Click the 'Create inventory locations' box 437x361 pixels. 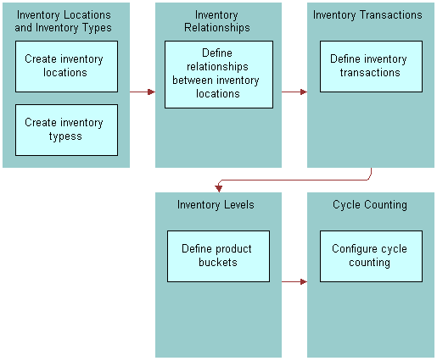click(66, 66)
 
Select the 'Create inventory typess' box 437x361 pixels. click(66, 130)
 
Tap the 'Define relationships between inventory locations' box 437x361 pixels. click(218, 75)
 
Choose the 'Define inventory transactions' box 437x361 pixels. click(370, 66)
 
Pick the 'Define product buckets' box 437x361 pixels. click(218, 256)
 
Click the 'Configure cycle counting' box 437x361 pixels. click(370, 256)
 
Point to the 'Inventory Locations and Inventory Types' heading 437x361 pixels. click(64, 21)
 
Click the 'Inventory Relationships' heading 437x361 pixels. click(217, 21)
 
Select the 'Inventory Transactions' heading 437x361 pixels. click(367, 15)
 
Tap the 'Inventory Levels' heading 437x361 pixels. click(216, 205)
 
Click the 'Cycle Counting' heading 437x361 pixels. click(369, 205)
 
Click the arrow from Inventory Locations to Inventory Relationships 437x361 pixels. click(142, 92)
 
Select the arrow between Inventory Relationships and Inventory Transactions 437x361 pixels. click(294, 92)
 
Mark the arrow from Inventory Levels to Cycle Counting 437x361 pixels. click(294, 281)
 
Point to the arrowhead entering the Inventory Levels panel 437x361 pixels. click(218, 188)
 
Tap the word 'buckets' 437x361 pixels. click(218, 263)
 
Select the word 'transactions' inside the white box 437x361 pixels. click(369, 73)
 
